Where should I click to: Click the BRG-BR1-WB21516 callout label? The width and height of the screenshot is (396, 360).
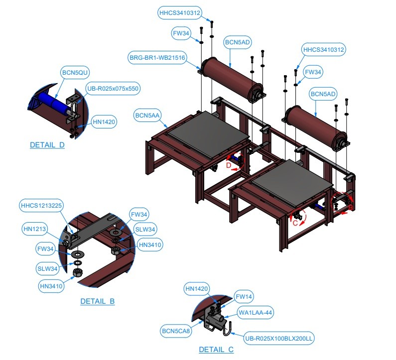click(x=157, y=58)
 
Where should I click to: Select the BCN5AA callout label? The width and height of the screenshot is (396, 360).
click(x=147, y=116)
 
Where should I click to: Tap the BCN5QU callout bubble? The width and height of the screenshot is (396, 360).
click(x=75, y=73)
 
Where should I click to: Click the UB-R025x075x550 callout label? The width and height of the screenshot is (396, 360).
click(x=113, y=88)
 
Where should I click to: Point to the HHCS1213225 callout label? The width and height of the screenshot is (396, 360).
click(x=41, y=205)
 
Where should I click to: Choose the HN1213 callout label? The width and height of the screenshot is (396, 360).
click(x=34, y=229)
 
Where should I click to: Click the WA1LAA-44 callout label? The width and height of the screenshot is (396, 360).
click(x=256, y=313)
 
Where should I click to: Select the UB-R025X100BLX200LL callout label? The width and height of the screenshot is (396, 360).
click(x=279, y=338)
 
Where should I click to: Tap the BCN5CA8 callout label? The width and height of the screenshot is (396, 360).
click(x=176, y=331)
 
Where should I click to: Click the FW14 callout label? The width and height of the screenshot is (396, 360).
click(x=244, y=297)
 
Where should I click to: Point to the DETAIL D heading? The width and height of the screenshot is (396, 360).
click(x=47, y=145)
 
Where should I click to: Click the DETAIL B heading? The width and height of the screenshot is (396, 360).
click(x=98, y=301)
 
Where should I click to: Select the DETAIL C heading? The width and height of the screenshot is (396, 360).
click(x=216, y=350)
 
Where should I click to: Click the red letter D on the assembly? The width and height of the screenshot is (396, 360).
click(x=229, y=165)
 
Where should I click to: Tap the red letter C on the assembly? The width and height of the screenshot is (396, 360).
click(x=295, y=223)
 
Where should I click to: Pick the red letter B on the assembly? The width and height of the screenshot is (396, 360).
click(x=351, y=208)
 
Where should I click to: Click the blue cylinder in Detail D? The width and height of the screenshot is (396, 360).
click(x=54, y=102)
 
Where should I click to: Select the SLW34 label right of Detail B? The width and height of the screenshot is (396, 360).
click(x=145, y=229)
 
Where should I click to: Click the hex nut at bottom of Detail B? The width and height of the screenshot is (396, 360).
click(x=77, y=273)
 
